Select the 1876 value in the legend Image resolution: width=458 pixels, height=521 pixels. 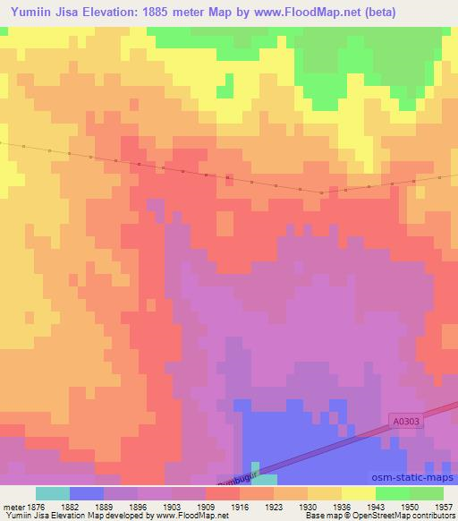point(36,506)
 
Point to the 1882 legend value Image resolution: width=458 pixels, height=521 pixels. point(71,506)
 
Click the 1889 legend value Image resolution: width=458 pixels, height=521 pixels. point(105,506)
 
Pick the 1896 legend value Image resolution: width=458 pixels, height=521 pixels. point(138,506)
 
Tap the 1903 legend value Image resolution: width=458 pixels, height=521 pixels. point(172,506)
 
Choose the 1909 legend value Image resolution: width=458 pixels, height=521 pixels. point(206,506)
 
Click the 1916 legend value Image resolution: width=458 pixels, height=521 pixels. point(240,506)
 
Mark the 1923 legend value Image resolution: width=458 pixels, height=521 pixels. point(274,506)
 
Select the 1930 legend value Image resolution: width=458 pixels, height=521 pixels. point(308,506)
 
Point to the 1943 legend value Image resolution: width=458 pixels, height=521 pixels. point(376,506)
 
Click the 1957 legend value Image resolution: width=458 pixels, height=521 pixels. point(443,506)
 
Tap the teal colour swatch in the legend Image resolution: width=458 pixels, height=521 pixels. point(53,493)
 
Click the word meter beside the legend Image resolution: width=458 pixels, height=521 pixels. point(13,506)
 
